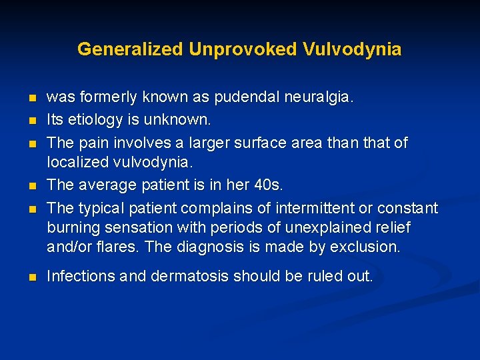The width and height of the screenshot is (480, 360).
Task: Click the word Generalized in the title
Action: (131, 49)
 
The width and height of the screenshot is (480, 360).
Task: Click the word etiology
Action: (94, 120)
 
